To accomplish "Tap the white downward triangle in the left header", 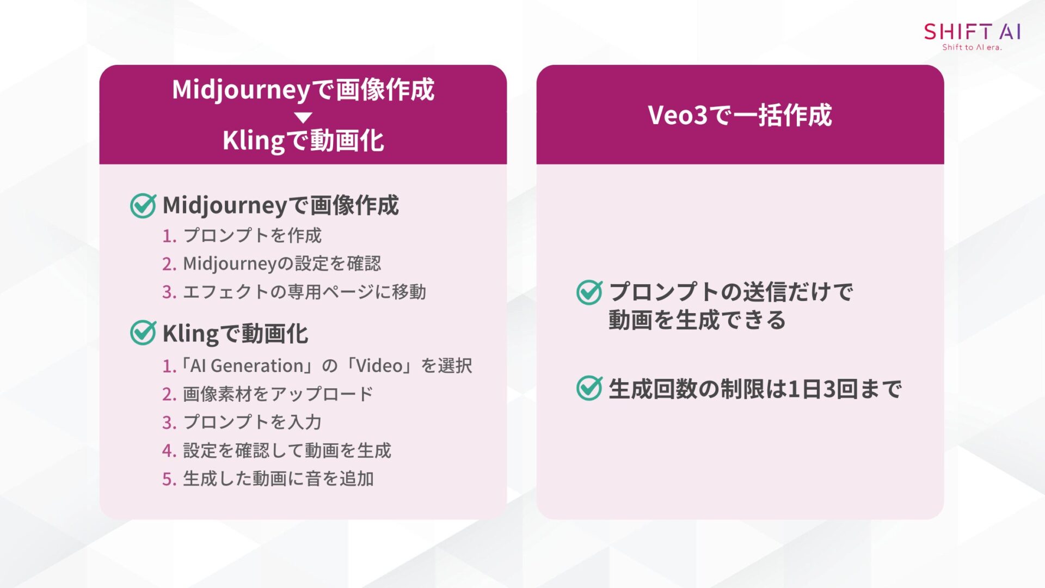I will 303,117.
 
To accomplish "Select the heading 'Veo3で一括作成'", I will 740,115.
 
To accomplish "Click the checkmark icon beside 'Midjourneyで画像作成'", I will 143,206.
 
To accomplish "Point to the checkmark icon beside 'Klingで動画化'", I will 143,333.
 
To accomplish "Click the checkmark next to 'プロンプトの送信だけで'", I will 589,292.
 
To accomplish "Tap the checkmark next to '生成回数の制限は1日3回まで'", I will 589,388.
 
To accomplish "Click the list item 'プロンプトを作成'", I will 252,235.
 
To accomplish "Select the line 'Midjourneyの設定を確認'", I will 282,264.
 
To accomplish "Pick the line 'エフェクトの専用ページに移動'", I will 304,292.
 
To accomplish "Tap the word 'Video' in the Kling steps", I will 379,365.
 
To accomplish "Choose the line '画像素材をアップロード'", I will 278,394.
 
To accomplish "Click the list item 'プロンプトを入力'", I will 252,422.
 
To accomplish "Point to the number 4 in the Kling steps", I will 168,451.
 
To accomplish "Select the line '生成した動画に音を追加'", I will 278,479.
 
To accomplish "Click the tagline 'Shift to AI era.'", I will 972,47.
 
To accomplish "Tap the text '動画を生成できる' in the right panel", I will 697,320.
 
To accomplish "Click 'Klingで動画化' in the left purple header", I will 303,140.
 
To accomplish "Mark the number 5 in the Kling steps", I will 168,479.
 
